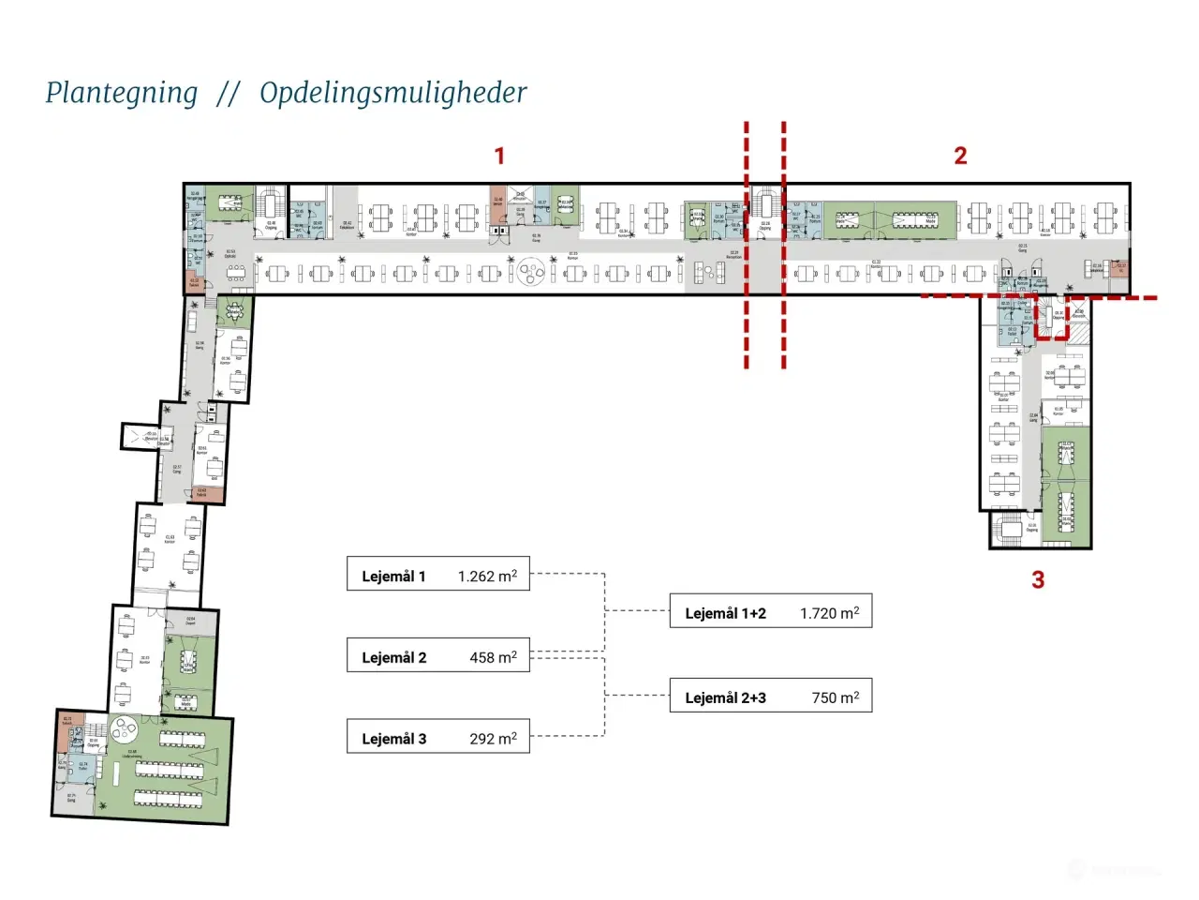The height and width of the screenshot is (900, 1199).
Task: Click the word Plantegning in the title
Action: point(122,93)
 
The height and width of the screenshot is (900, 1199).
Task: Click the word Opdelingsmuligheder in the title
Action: point(392,93)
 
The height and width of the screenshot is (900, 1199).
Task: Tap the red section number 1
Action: point(499,156)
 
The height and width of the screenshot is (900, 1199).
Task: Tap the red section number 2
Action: point(960,156)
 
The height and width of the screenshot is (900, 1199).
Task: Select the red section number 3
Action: point(1038,580)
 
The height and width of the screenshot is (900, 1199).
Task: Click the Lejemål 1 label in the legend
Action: point(393,577)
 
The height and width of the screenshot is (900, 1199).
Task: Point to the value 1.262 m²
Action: point(487,576)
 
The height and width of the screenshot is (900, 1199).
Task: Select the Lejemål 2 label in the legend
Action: point(393,658)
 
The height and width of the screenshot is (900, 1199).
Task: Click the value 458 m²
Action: point(493,657)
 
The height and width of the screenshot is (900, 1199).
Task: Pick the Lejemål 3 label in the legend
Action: point(393,739)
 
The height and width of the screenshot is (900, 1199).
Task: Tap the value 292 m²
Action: point(493,739)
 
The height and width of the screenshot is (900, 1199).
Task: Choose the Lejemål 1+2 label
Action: point(725,613)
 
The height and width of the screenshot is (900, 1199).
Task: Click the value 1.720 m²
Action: point(829,613)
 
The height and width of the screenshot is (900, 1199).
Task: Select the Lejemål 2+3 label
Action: point(725,697)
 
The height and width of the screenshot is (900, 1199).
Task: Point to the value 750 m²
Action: point(835,697)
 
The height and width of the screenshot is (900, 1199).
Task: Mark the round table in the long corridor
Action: point(531,273)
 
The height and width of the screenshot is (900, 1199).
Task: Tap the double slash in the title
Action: point(228,94)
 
